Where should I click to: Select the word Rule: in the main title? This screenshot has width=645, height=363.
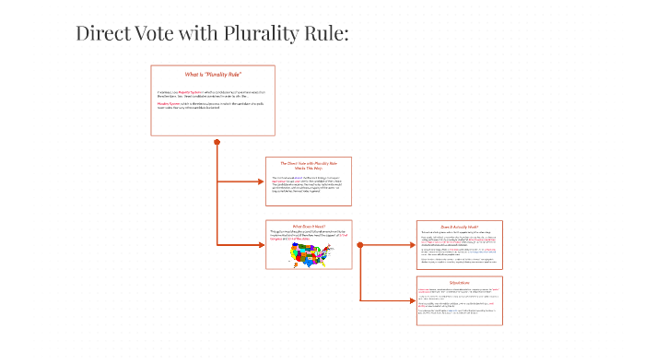point(325,34)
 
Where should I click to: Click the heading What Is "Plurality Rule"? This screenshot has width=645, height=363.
point(213,74)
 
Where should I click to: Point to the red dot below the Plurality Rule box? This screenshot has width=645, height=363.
point(217,142)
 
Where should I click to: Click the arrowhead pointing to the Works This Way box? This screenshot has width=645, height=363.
point(262,181)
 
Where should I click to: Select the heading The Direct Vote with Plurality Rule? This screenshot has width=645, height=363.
point(308,163)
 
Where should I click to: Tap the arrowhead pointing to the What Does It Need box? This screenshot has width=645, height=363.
point(262,244)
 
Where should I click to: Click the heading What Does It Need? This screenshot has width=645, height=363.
point(309,225)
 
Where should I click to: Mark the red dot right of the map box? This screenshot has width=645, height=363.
point(359,244)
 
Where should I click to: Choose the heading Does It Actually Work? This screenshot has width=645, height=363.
point(460,225)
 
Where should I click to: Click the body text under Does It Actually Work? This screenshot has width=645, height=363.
point(459,247)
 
